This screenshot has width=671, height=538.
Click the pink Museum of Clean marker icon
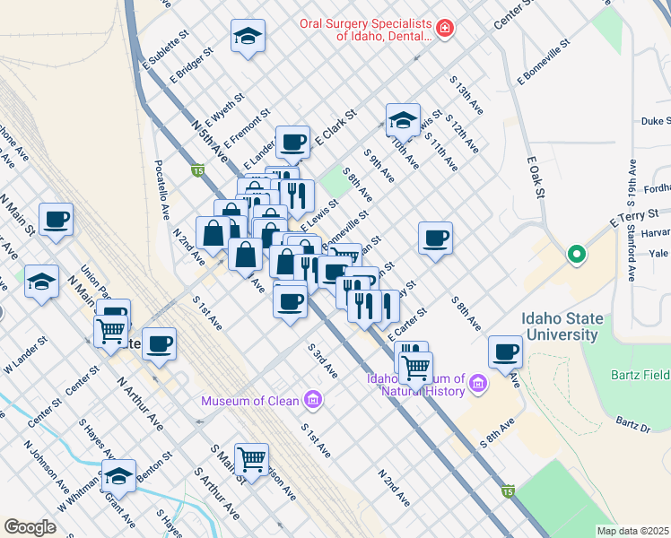click(x=313, y=399)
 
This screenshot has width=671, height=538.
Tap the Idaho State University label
click(x=561, y=326)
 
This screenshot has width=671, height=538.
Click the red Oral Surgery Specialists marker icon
click(x=445, y=30)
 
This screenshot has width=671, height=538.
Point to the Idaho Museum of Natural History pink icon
click(x=478, y=385)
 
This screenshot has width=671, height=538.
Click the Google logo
click(x=30, y=527)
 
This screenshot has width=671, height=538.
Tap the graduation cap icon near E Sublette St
click(x=248, y=36)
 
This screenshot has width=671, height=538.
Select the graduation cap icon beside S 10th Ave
click(x=403, y=119)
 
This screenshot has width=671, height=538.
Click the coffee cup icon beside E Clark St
click(x=292, y=141)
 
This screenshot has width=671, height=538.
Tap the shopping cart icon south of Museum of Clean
click(x=252, y=458)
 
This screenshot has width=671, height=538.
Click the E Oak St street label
click(x=536, y=177)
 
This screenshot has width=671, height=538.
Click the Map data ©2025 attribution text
click(x=633, y=531)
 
